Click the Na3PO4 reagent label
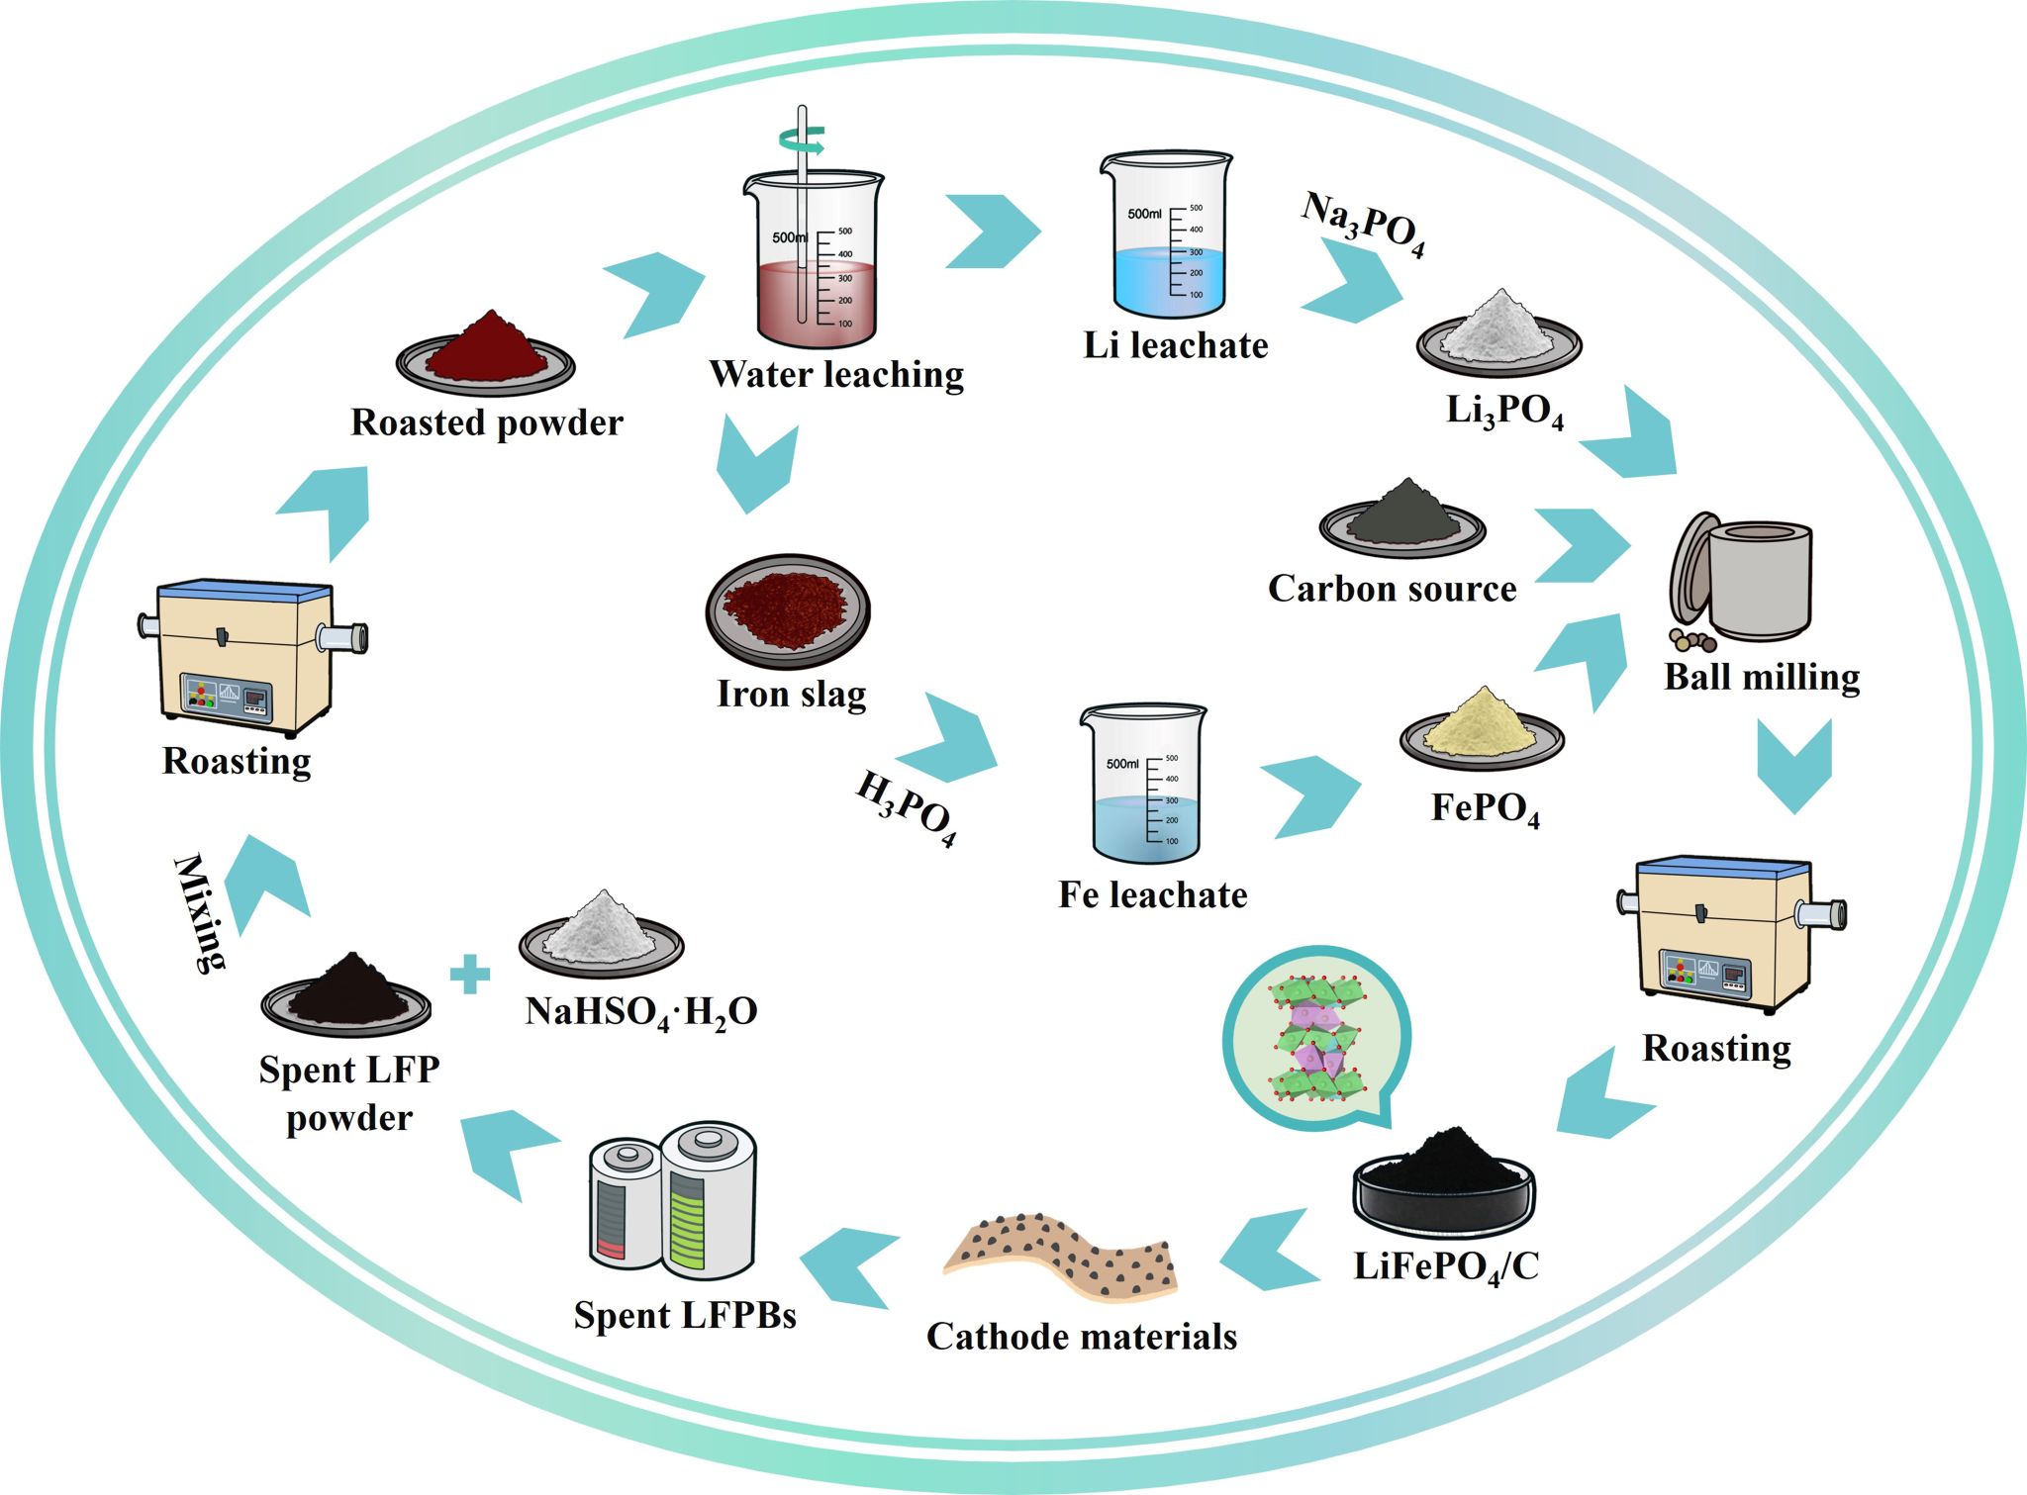coord(1364,225)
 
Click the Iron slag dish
coord(788,608)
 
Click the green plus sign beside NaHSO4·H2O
coord(470,974)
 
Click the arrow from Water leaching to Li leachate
coord(993,232)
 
